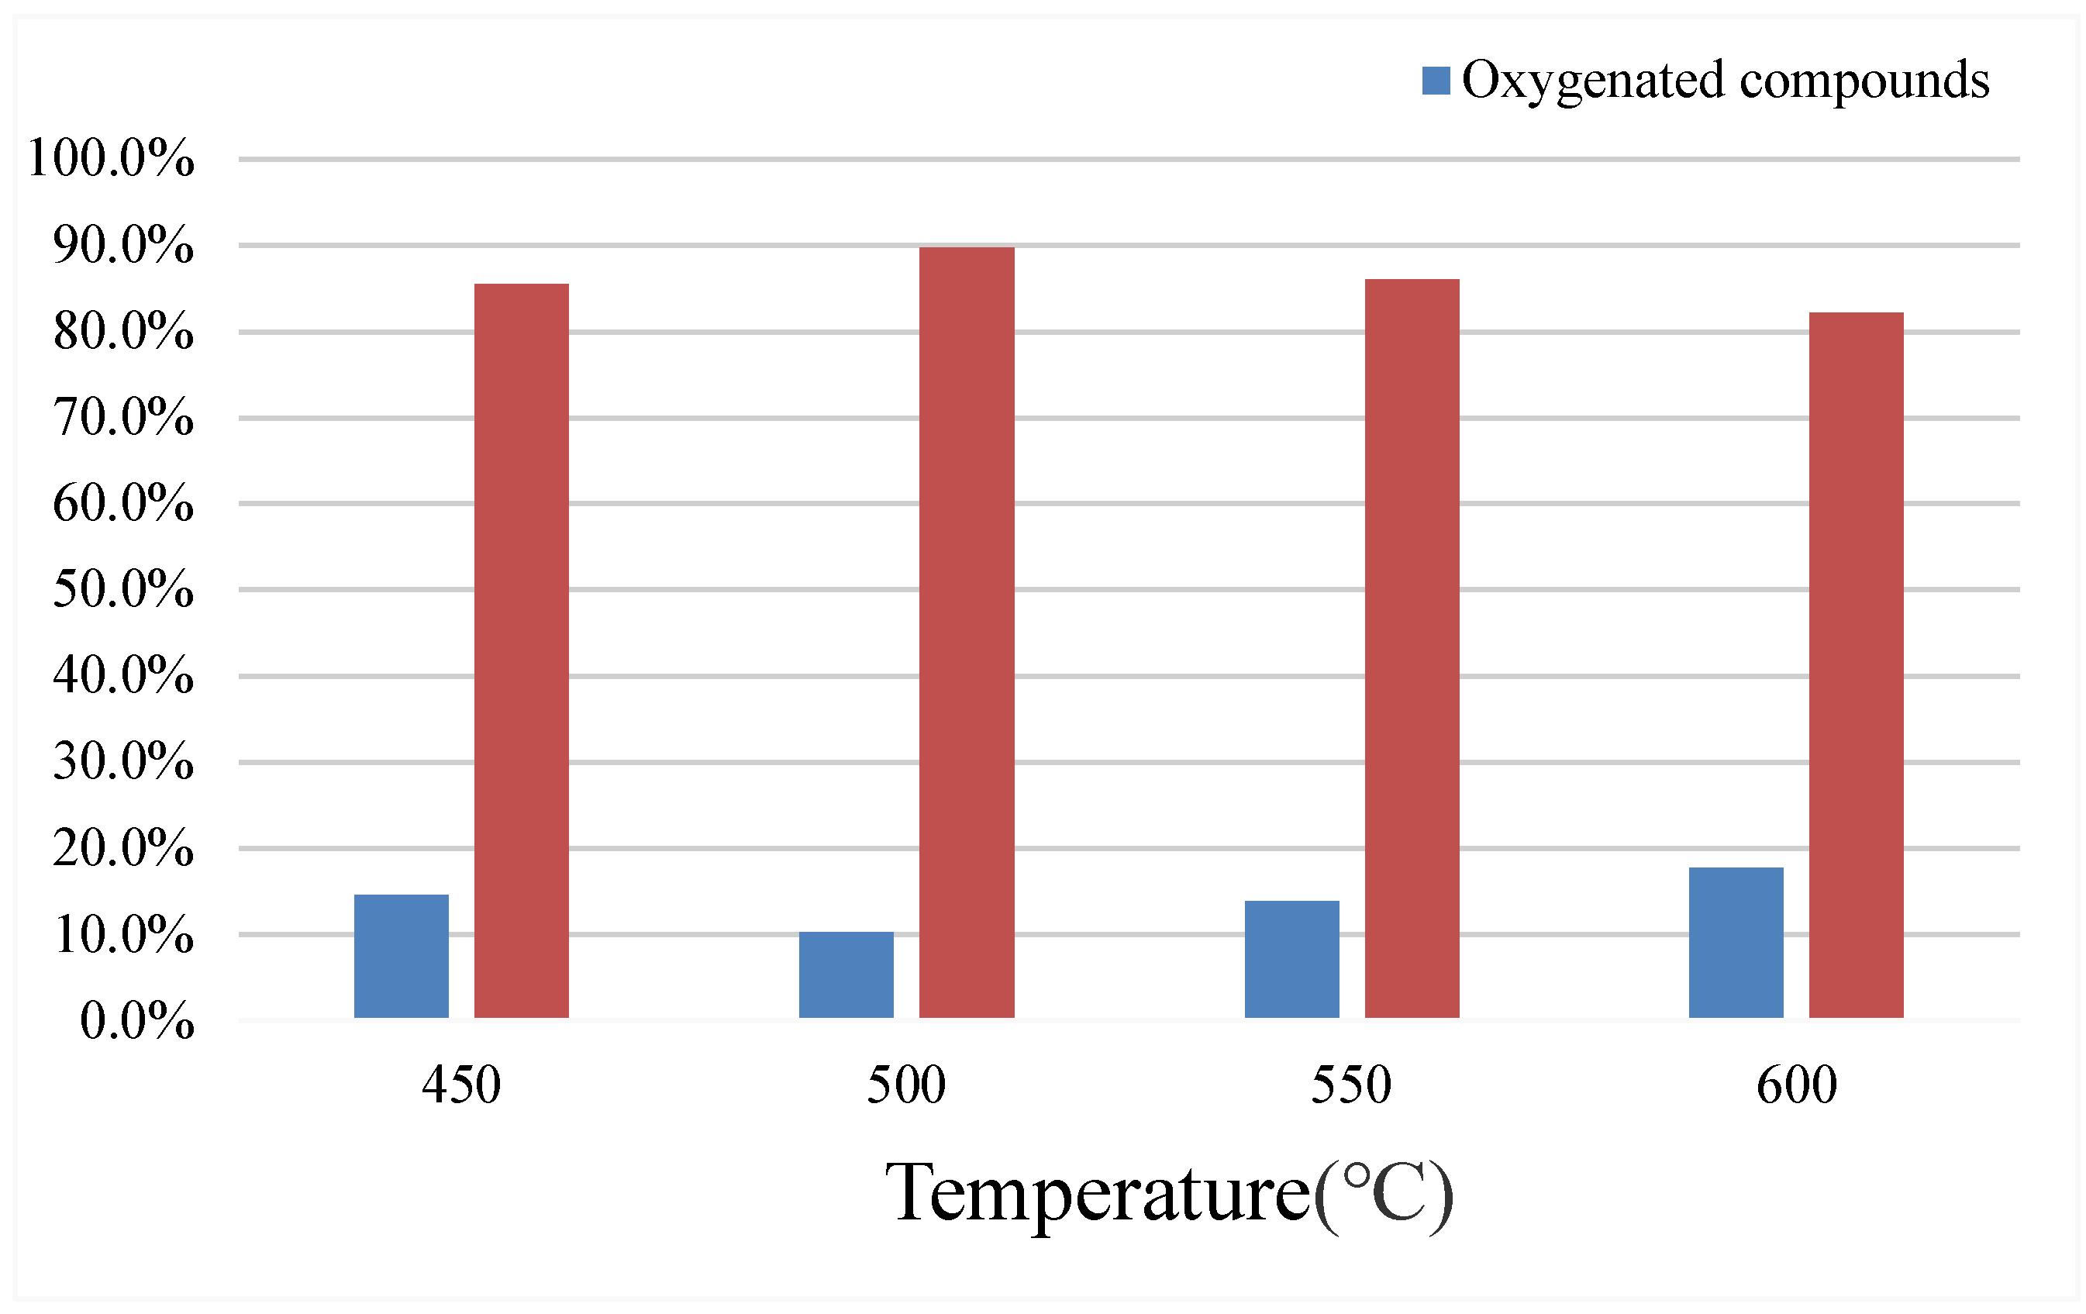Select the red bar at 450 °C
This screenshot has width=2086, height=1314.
pos(522,650)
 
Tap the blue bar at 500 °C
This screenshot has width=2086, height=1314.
pos(846,974)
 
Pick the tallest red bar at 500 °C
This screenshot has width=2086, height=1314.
pos(967,633)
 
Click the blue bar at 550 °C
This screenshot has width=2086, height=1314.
pos(1291,959)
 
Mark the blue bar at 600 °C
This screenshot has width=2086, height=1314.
pos(1736,943)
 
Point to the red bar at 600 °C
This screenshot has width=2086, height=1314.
pos(1857,664)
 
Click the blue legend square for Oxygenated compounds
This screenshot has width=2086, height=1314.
pos(1436,81)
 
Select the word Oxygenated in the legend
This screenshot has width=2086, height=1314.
pos(1594,81)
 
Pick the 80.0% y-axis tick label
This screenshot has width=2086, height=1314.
pos(123,331)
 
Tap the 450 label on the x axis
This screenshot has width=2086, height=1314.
pos(461,1085)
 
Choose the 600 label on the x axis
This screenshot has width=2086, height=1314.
pos(1797,1085)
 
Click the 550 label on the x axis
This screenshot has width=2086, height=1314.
pos(1351,1085)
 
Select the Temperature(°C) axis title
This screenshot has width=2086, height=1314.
pos(1170,1194)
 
